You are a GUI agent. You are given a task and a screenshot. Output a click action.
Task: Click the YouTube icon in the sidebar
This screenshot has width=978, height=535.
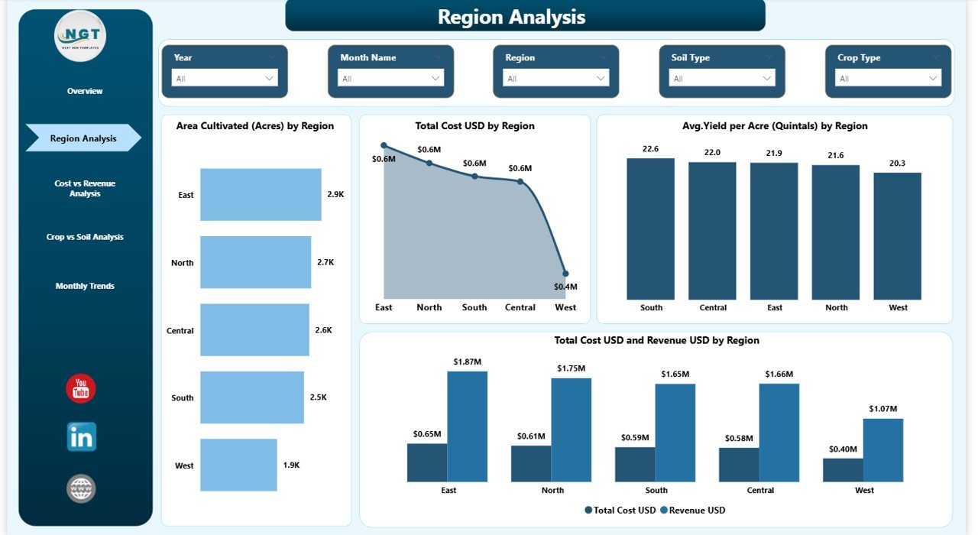(x=81, y=388)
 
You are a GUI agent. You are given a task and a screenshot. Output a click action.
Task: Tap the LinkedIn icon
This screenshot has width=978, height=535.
(x=82, y=437)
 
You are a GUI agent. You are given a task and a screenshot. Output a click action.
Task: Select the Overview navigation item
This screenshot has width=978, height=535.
(x=85, y=91)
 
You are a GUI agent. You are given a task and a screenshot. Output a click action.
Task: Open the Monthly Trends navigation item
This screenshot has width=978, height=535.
(x=85, y=286)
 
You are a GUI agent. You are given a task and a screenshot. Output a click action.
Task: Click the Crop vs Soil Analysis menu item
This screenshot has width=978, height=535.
(x=85, y=237)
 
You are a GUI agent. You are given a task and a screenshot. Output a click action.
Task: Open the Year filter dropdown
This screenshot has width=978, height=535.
(x=225, y=78)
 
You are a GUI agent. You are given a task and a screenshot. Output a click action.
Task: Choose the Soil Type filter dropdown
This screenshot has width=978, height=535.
(x=722, y=78)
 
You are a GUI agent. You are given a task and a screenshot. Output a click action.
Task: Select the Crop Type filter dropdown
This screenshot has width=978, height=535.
(x=888, y=78)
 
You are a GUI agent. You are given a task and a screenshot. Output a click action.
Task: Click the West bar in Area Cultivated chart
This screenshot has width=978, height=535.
(x=238, y=465)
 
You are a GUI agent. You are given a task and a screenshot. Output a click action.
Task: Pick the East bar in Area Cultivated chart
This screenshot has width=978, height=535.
(x=261, y=194)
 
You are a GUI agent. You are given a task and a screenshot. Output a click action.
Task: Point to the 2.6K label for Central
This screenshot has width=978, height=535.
(x=323, y=330)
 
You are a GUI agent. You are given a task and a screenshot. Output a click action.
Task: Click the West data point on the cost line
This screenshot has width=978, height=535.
(x=565, y=273)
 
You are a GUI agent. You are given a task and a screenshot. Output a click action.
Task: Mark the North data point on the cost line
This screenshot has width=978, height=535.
(x=429, y=162)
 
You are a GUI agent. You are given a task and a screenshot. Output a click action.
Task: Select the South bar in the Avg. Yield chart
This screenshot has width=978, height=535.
(x=651, y=229)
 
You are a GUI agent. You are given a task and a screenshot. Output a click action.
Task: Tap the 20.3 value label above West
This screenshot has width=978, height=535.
(x=898, y=163)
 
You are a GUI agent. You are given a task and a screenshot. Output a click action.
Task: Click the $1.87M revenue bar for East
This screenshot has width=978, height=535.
(x=468, y=426)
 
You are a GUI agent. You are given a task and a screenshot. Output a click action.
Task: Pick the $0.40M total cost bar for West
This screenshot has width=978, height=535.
(x=843, y=470)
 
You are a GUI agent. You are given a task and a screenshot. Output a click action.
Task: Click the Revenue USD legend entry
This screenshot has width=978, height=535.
(x=693, y=510)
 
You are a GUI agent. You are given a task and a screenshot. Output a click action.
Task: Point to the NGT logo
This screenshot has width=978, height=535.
(x=80, y=36)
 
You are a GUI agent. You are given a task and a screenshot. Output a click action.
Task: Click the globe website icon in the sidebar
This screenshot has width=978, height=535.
(x=81, y=488)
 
